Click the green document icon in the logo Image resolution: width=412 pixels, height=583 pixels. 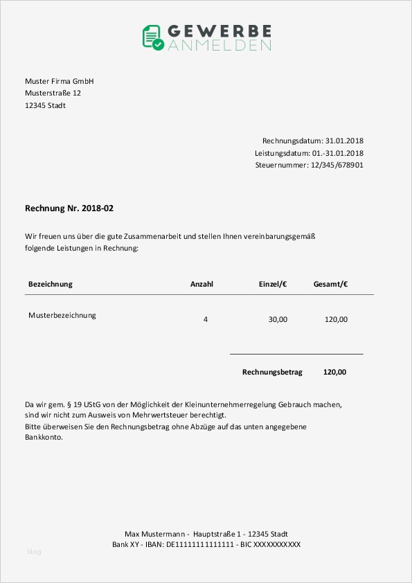(x=153, y=37)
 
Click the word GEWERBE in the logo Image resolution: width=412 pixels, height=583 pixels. (x=219, y=30)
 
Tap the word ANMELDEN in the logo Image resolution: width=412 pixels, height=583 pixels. (x=219, y=46)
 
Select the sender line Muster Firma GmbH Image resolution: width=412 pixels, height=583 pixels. (x=59, y=82)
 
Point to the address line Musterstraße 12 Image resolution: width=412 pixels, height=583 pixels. (x=53, y=93)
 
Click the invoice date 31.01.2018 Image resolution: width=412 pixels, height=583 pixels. (x=344, y=141)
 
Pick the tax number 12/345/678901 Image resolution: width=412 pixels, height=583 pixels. (x=337, y=165)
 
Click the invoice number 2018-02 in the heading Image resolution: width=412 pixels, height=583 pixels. (x=97, y=208)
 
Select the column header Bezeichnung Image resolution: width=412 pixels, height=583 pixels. (x=50, y=285)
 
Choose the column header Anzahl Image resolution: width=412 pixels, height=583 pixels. (x=201, y=285)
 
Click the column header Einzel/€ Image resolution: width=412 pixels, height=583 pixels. (x=273, y=285)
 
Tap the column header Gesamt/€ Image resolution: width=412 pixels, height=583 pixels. (x=330, y=285)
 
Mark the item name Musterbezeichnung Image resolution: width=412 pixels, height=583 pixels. (x=62, y=316)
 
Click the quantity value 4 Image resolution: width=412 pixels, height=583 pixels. (x=206, y=320)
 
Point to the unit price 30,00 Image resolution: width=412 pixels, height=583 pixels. (x=278, y=320)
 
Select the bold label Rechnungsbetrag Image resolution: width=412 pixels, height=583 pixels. (x=272, y=373)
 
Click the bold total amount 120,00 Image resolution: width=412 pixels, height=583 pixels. (x=334, y=373)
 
